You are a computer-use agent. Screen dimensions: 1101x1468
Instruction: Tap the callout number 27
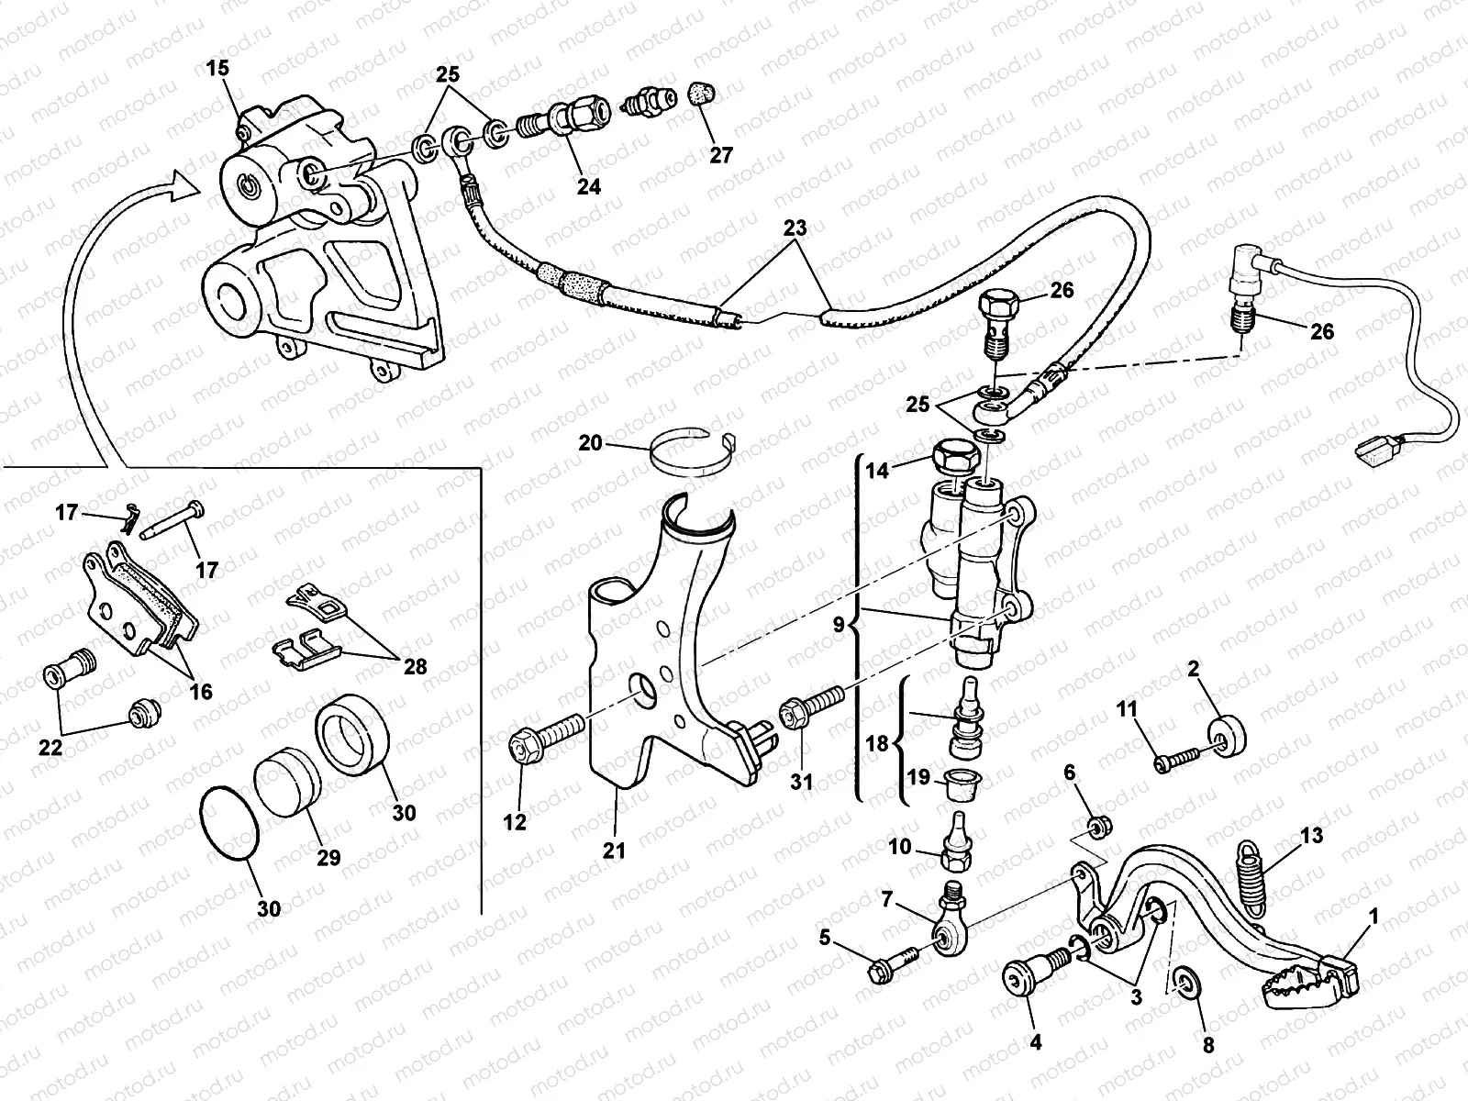pos(721,155)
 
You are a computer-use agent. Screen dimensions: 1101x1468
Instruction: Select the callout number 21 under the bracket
pos(614,851)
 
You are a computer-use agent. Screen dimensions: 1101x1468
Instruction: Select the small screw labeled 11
pos(1177,759)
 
